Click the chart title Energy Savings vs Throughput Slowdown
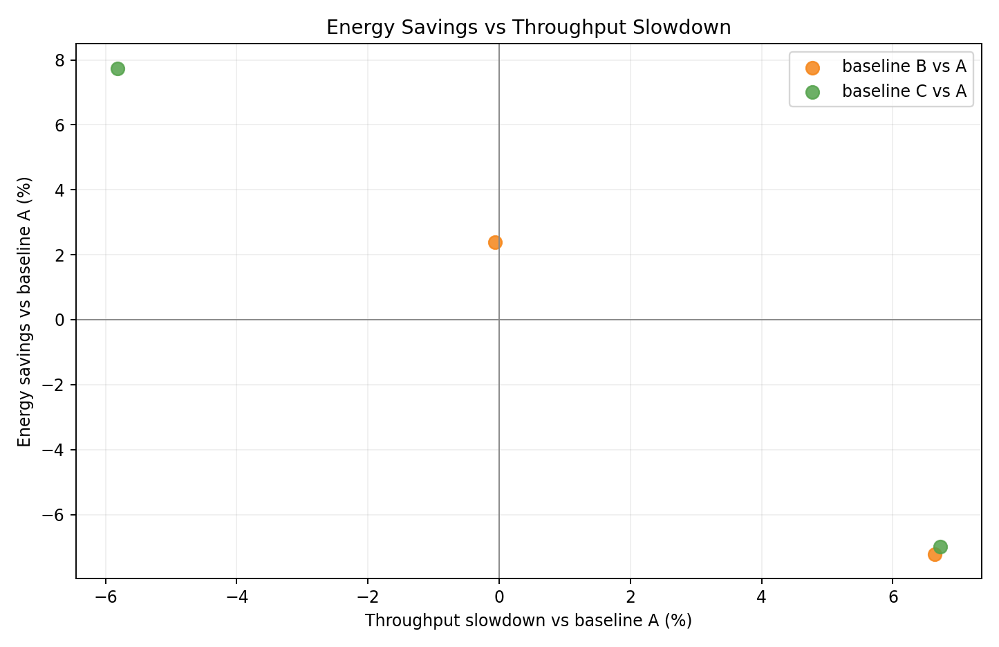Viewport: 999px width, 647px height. [x=528, y=28]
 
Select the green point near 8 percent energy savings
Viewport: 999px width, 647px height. [x=118, y=69]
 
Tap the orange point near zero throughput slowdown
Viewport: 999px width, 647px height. [x=495, y=242]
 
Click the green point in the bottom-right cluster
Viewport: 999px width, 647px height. [x=941, y=547]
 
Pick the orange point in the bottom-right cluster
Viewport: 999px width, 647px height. [x=934, y=554]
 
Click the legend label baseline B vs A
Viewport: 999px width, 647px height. [x=904, y=66]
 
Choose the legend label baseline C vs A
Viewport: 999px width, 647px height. [x=904, y=91]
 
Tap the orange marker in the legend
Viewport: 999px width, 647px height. [x=812, y=68]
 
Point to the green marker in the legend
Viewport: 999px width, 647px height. [x=812, y=93]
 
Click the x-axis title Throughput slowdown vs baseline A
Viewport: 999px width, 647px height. [x=528, y=621]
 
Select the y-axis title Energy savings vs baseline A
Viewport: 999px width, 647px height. [x=25, y=311]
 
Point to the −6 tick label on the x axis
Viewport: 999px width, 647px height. [x=105, y=596]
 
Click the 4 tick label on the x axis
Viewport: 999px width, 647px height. [x=761, y=596]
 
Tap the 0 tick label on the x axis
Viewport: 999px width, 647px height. [x=499, y=596]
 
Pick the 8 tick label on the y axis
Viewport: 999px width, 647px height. [x=60, y=60]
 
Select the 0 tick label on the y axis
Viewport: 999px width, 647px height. [x=60, y=320]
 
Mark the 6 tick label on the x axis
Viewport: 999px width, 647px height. [x=893, y=596]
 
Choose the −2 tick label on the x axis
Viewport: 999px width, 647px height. [x=368, y=596]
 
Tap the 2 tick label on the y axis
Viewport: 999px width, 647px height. [x=60, y=255]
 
